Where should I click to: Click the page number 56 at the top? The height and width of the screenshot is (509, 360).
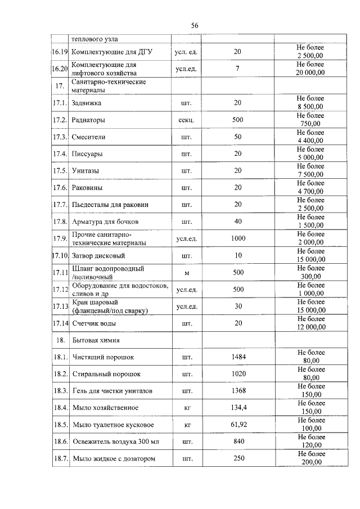pos(195,25)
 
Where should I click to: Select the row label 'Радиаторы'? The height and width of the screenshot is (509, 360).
pos(88,120)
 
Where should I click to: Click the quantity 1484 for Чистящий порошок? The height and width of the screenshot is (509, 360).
pos(238,357)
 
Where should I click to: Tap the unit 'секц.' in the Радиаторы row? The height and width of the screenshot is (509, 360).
pos(186,120)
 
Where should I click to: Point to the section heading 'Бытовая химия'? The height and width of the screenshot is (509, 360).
pos(95,340)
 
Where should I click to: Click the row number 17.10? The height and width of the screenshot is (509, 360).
pos(60,256)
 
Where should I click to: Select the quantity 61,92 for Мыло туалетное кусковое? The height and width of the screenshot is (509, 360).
pos(238,425)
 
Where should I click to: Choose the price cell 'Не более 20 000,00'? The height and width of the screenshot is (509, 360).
pos(310,69)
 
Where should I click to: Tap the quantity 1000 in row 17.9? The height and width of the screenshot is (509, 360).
pos(238,238)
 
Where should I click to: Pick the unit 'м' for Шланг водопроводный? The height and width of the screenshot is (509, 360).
pos(186,273)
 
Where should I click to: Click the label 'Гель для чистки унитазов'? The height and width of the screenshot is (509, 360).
pos(112,390)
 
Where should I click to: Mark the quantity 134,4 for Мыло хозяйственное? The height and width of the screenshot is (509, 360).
pos(238,407)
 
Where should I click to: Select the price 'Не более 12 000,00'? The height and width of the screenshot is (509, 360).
pos(310,323)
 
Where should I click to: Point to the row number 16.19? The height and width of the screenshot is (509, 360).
pos(60,52)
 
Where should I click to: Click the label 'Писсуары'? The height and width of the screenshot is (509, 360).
pos(88,154)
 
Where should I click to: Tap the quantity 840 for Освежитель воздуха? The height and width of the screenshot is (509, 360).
pos(238,442)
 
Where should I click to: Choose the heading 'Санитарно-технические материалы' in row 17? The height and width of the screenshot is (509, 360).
pos(109,85)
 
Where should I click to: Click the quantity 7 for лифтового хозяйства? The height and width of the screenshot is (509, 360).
pos(237,69)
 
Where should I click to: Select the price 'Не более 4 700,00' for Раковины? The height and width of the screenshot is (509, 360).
pos(310,187)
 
